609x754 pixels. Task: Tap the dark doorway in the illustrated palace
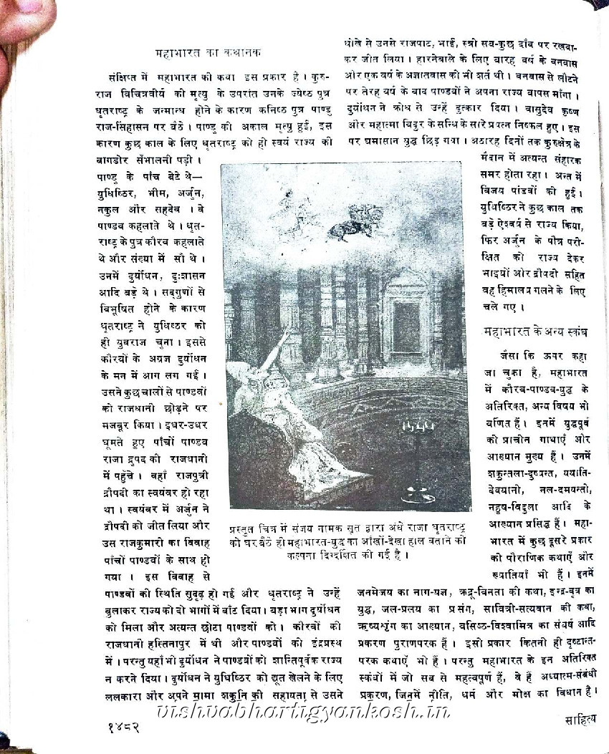click(x=406, y=327)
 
